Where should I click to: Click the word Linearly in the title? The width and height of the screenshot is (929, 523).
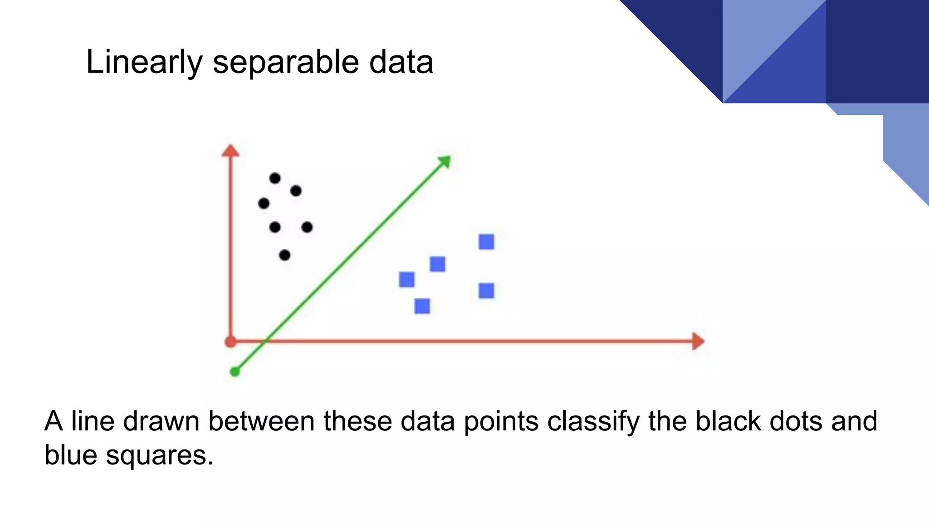click(x=144, y=62)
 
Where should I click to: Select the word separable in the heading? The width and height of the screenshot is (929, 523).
click(x=287, y=62)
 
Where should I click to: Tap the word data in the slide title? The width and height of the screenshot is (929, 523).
click(x=401, y=62)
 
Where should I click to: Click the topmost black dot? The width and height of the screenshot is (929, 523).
click(x=275, y=178)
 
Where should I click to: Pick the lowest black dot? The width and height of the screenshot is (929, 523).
click(x=284, y=256)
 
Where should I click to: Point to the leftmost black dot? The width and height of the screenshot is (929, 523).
click(x=264, y=203)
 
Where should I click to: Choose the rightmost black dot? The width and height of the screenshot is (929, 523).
click(x=307, y=227)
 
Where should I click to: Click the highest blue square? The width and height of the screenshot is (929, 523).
click(x=486, y=242)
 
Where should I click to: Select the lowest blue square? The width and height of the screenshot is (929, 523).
click(x=422, y=306)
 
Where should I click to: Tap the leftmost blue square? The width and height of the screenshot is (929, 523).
click(x=407, y=280)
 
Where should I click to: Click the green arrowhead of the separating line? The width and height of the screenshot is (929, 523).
click(x=445, y=162)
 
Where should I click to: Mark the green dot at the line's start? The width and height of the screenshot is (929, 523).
click(x=235, y=372)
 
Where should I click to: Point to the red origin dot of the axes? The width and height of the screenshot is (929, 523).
click(x=230, y=342)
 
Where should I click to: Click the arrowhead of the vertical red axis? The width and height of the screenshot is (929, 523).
click(x=230, y=151)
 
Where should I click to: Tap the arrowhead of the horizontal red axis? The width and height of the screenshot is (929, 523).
click(x=698, y=341)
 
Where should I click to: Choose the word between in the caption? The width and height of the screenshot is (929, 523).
click(x=262, y=421)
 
